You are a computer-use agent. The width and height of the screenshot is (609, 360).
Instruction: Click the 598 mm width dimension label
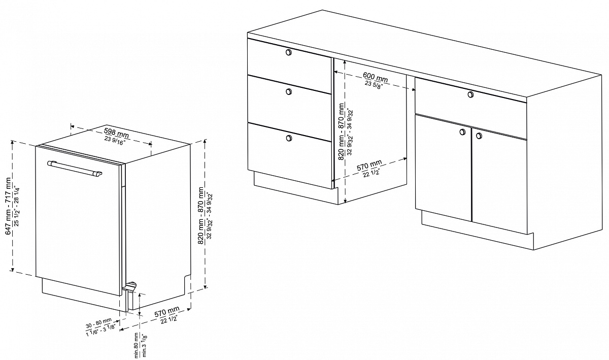(116, 133)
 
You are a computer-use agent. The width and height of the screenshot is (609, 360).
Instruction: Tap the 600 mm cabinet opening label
(376, 77)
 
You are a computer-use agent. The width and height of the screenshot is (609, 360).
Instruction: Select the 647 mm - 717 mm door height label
(9, 206)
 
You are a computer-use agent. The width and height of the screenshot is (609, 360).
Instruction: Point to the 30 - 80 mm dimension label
(98, 322)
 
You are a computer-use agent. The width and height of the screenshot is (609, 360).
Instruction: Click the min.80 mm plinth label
(137, 344)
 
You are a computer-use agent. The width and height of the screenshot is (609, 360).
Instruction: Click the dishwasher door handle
(75, 169)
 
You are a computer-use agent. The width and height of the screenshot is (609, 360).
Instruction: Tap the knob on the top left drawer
(289, 52)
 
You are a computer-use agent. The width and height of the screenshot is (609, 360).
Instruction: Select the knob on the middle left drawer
(289, 92)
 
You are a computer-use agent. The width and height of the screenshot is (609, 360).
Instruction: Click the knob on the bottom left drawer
(289, 138)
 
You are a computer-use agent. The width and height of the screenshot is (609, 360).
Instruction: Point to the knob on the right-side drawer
(470, 94)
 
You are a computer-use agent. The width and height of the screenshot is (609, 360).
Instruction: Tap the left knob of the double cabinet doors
(462, 132)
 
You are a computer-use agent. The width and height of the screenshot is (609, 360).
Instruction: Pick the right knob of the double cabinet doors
(479, 135)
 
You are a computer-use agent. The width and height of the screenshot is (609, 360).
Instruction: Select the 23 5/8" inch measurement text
(374, 84)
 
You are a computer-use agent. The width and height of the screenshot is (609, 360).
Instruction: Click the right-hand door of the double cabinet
(499, 180)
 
